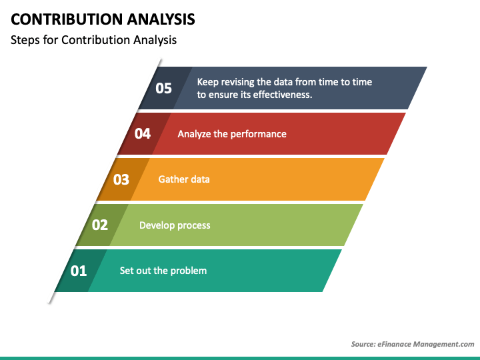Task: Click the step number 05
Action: [163, 88]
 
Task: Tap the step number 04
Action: [143, 133]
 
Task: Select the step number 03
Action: [121, 179]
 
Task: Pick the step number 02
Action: [99, 225]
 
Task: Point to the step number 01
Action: [79, 271]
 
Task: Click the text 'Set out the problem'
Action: [163, 271]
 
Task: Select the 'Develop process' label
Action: [175, 225]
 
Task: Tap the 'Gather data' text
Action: [184, 179]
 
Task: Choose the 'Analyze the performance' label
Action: [232, 134]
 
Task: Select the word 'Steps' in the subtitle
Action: [24, 40]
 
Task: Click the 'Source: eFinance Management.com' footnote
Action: [413, 344]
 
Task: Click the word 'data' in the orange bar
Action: [201, 179]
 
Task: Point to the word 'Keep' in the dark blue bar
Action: [207, 82]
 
